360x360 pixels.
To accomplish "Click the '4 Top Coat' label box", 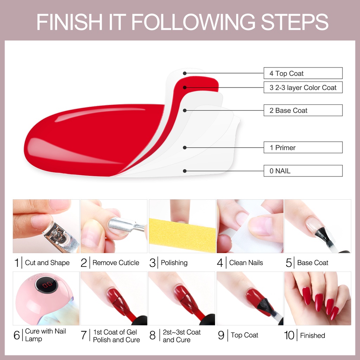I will pos(303,73).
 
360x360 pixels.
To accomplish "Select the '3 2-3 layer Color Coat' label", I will pos(303,88).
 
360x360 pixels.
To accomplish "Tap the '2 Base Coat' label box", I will pos(303,110).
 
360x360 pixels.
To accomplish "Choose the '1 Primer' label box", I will pos(303,148).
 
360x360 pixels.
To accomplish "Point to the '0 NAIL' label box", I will pos(303,171).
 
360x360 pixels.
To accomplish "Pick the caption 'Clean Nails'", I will pos(246,263).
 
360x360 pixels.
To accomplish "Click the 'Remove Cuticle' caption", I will pos(116,263).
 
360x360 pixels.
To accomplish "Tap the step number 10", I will pos(289,335).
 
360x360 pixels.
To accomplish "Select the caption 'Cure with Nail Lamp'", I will pos(45,335).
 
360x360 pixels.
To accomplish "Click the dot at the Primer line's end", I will pos(185,148).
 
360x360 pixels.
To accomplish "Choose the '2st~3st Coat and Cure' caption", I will pos(181,336).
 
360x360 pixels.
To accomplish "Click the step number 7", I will pos(83,335).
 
